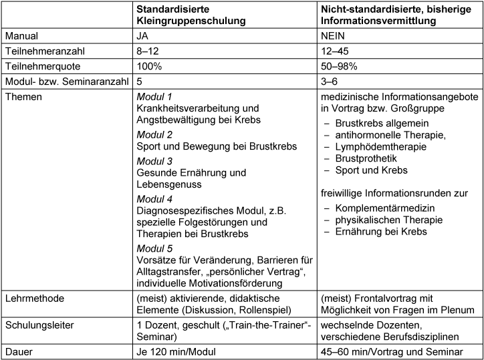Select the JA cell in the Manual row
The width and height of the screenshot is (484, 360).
(143, 37)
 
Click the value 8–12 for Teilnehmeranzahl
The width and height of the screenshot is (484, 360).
(148, 52)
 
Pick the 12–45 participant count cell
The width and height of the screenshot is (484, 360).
(337, 52)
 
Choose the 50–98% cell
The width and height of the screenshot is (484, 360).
(341, 67)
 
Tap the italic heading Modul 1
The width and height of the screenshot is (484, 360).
(154, 96)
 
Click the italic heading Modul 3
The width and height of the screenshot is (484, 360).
(154, 162)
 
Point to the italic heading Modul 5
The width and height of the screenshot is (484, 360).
(154, 248)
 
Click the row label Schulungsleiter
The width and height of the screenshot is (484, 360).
(38, 324)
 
